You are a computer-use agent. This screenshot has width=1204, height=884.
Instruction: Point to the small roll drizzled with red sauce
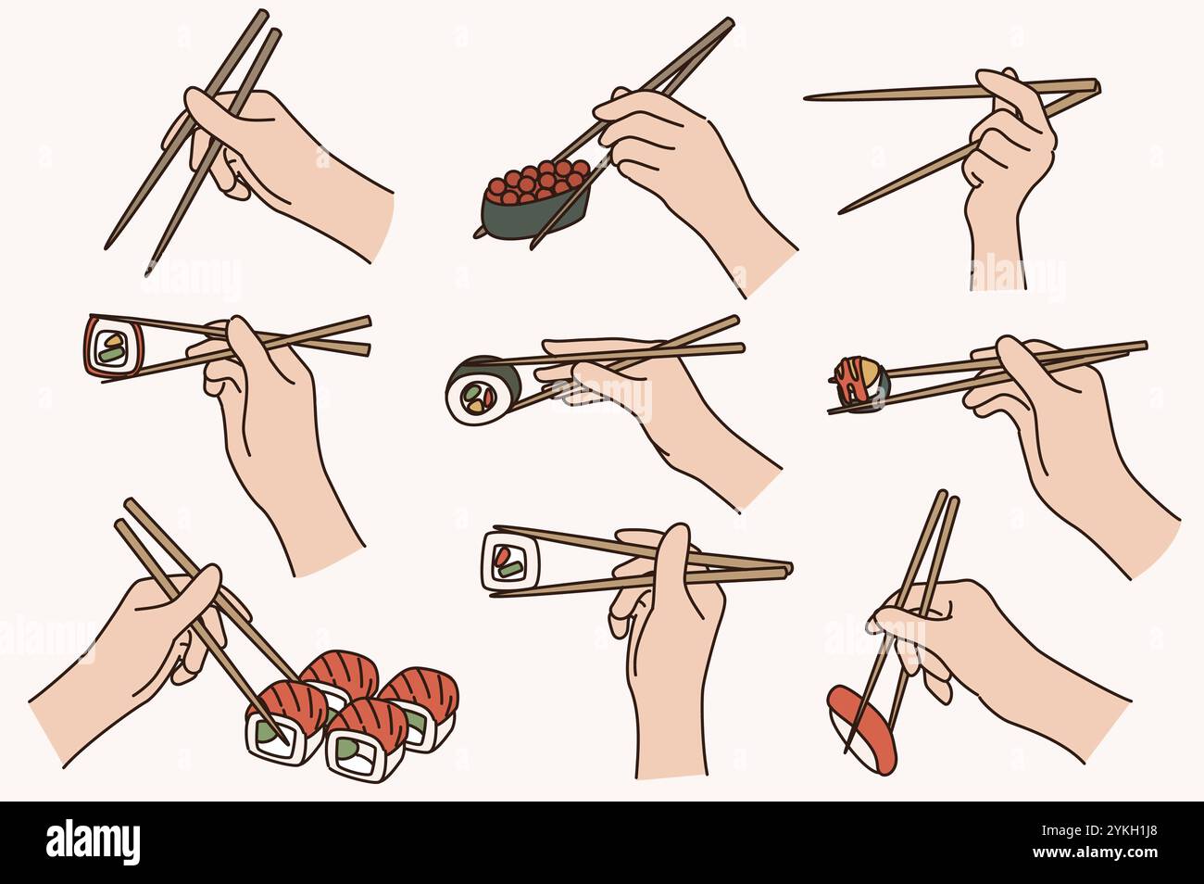point(857,382)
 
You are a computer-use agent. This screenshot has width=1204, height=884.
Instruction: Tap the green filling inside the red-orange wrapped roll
point(111,349)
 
